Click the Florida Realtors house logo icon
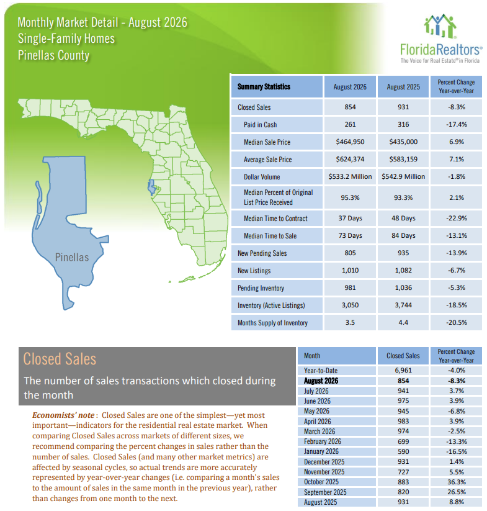tap(440, 26)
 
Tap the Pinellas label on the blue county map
tap(71, 257)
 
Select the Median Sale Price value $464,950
tap(350, 142)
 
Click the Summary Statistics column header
tap(264, 87)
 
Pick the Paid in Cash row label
tap(260, 125)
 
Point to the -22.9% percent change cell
tap(456, 218)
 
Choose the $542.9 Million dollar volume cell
tap(403, 176)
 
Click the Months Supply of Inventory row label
tap(272, 323)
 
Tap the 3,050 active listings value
tap(350, 305)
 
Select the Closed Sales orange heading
tap(60, 359)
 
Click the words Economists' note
tap(63, 415)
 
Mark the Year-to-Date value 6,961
tap(403, 370)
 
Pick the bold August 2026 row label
tap(321, 381)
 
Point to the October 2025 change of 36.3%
tap(456, 482)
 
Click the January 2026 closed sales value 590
tap(403, 451)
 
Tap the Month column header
tap(312, 356)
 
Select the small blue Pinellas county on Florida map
tap(151, 188)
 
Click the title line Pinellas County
tap(54, 55)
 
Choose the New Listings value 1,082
tap(403, 270)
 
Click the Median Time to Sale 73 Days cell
tap(350, 235)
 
